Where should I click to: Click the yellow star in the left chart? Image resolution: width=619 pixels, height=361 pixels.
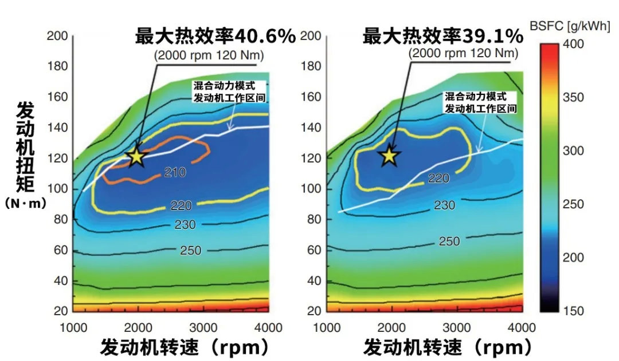pyautogui.click(x=136, y=156)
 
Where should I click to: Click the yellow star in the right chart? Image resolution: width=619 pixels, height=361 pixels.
pyautogui.click(x=390, y=154)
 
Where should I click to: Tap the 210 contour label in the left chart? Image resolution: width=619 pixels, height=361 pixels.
pyautogui.click(x=175, y=172)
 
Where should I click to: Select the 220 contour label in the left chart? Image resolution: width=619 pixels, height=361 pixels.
pyautogui.click(x=182, y=205)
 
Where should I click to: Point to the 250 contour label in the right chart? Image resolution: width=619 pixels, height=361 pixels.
pyautogui.click(x=449, y=241)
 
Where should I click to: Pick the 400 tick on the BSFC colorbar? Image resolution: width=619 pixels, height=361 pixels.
pyautogui.click(x=573, y=44)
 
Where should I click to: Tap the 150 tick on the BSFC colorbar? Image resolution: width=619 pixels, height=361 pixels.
pyautogui.click(x=573, y=311)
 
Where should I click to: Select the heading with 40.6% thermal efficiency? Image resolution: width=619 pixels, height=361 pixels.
pyautogui.click(x=216, y=37)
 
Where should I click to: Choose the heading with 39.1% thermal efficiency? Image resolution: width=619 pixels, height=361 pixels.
pyautogui.click(x=443, y=37)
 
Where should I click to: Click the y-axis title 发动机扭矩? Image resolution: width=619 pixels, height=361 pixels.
pyautogui.click(x=26, y=146)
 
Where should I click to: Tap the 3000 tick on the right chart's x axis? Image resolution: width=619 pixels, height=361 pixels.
pyautogui.click(x=457, y=327)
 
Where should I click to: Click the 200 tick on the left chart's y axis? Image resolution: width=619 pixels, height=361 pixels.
pyautogui.click(x=61, y=36)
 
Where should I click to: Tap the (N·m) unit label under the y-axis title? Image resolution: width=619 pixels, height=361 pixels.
pyautogui.click(x=25, y=203)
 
